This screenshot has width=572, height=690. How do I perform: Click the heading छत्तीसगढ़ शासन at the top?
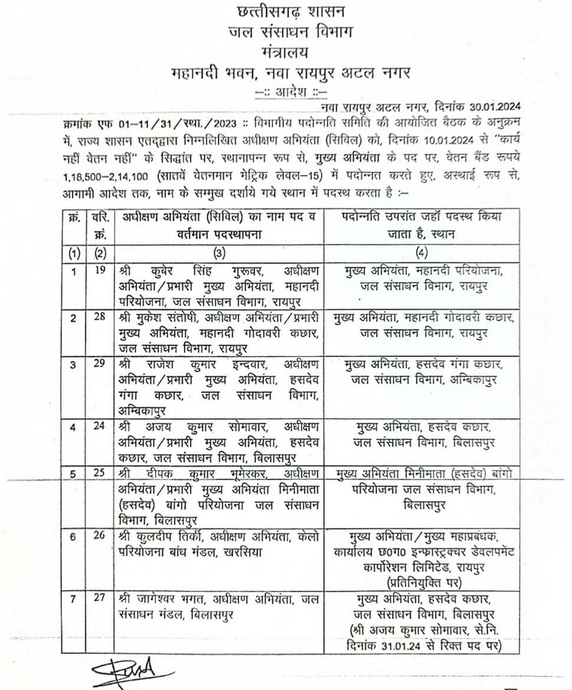coord(285,13)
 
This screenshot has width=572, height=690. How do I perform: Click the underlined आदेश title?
coord(287,91)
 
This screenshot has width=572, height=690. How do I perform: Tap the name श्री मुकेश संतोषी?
coord(156,317)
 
